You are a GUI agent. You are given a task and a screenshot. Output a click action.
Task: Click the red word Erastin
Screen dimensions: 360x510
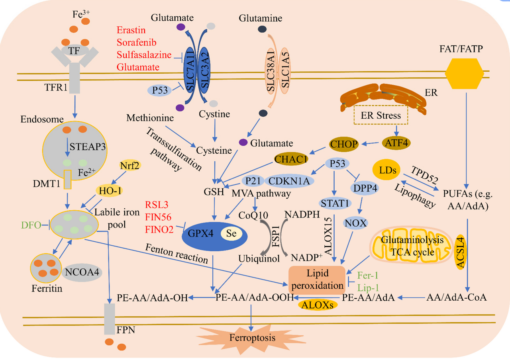[131, 30]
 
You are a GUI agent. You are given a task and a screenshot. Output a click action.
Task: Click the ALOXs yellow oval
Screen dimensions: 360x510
[318, 305]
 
